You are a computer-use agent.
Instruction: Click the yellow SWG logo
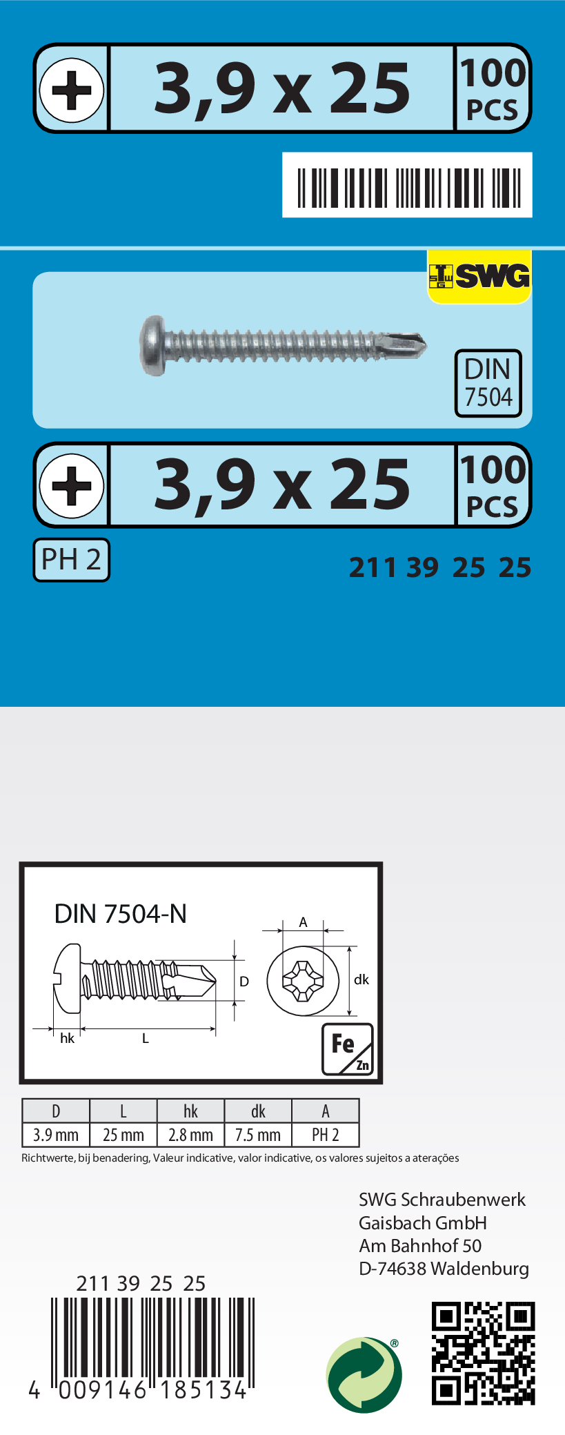point(479,276)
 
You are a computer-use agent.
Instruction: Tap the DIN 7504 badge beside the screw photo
point(488,383)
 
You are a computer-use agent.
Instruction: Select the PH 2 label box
point(71,560)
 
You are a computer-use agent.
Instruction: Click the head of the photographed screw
point(153,346)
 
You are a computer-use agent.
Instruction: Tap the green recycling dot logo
point(364,1374)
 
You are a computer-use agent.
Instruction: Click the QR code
point(483,1353)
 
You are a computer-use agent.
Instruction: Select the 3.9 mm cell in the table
point(56,1135)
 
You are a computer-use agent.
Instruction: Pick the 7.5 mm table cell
point(258,1135)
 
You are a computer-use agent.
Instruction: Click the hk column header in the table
point(190,1111)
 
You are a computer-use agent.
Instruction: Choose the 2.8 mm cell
point(190,1135)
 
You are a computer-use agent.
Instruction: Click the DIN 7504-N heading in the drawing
point(121,914)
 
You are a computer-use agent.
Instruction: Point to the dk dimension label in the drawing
point(361,979)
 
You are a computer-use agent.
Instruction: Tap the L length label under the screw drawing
point(146,1038)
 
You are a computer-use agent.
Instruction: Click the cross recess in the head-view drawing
point(303,980)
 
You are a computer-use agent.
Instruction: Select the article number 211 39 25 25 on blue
point(440,567)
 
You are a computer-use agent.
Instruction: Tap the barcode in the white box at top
point(408,186)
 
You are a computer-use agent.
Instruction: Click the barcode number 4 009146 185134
point(138,1389)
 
